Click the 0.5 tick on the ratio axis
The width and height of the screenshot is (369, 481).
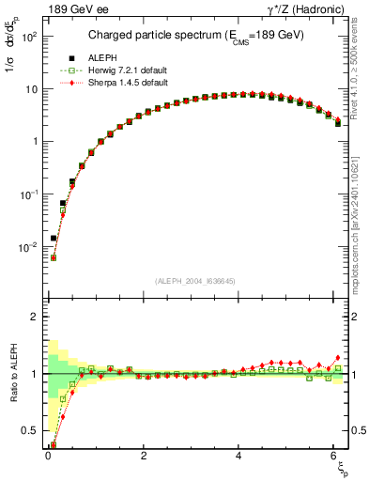(x=34, y=431)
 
